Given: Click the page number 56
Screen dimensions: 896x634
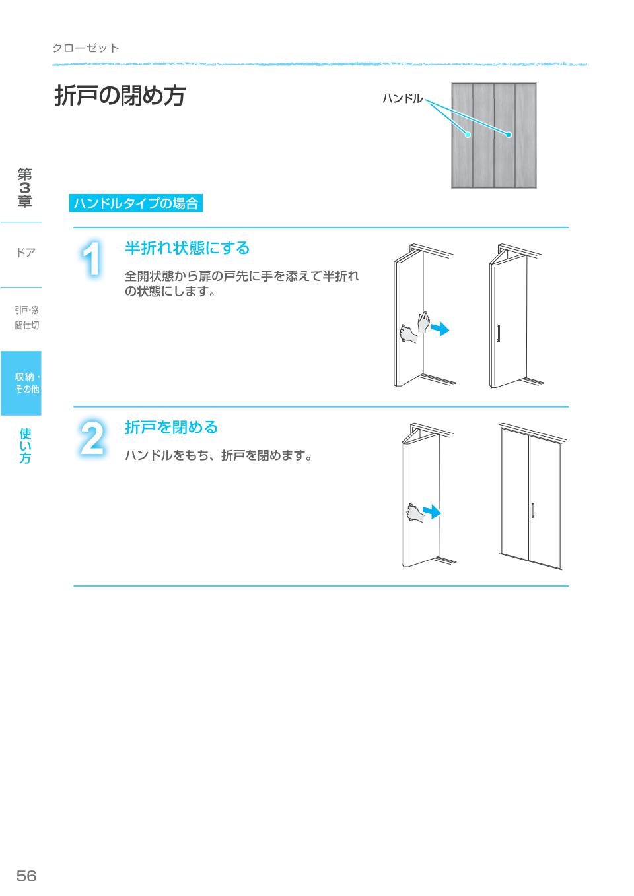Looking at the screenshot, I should click(26, 876).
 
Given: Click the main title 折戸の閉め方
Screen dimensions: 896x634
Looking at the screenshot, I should click(120, 96).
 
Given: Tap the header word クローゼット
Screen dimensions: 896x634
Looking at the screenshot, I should click(86, 48).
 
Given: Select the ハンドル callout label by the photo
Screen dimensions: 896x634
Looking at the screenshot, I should click(402, 99).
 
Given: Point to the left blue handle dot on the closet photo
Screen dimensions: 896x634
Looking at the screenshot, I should click(468, 135).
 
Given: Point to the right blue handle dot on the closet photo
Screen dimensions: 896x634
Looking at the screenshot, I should click(509, 135).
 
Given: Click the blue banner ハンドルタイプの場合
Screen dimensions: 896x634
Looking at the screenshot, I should click(135, 203).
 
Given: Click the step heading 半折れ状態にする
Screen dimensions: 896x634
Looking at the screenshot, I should click(188, 248).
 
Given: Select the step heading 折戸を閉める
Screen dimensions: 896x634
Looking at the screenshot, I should click(171, 428).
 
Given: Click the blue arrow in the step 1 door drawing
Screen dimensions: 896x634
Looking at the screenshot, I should click(440, 328).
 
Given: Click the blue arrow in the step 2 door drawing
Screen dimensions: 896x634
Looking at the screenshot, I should click(431, 512).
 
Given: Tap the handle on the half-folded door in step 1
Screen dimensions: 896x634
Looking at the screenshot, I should click(498, 333).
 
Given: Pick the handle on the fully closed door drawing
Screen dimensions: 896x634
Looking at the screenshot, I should click(532, 510).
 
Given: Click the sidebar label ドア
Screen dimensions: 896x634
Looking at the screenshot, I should click(26, 253).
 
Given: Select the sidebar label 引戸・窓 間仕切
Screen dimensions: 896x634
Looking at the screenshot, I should click(26, 317).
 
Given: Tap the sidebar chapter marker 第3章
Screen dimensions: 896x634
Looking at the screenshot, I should click(24, 188).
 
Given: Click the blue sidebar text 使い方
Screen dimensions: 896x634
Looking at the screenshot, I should click(25, 446).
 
